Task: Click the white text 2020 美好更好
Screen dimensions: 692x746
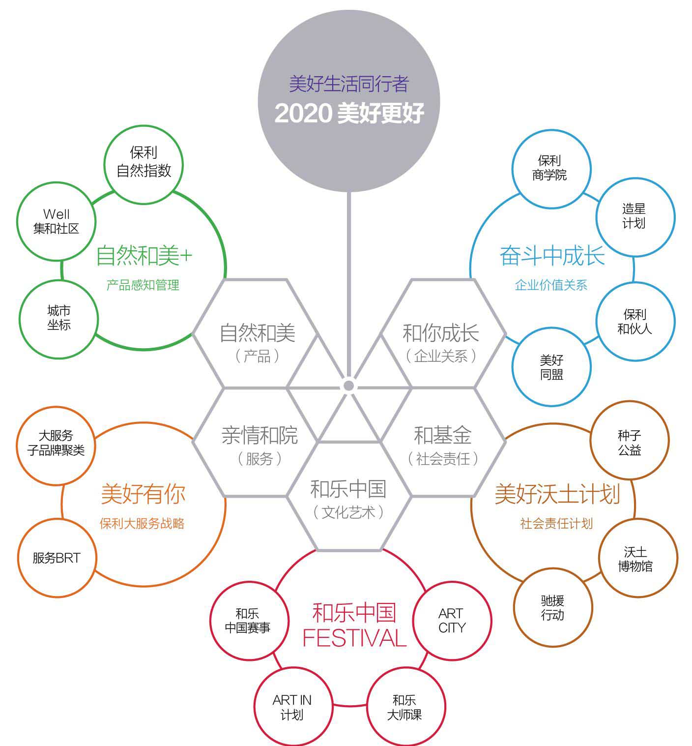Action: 349,113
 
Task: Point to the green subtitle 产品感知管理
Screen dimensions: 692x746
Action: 143,285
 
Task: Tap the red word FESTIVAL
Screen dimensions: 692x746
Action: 354,638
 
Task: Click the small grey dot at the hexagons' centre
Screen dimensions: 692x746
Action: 349,386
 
